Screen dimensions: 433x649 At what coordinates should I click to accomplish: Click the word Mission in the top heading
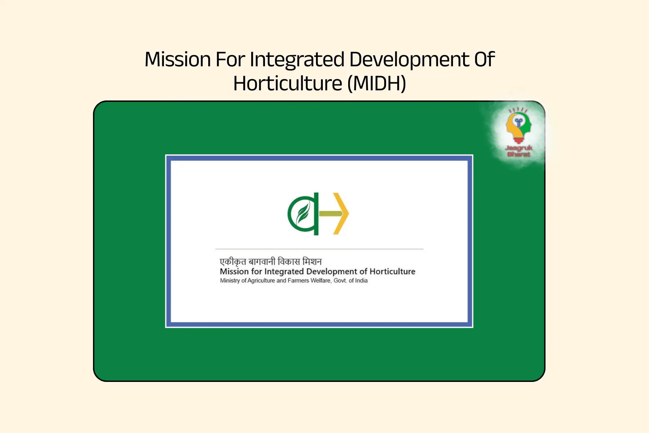177,60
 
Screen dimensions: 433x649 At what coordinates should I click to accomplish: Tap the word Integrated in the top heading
297,60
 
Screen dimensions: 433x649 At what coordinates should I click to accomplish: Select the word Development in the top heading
409,60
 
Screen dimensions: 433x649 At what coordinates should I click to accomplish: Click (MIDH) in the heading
377,84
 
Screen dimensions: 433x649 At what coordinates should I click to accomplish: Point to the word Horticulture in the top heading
288,84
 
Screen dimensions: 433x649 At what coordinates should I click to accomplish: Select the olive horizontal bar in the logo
331,213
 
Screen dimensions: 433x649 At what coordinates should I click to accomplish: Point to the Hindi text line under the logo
270,261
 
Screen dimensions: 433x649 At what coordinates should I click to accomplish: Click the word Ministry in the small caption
230,280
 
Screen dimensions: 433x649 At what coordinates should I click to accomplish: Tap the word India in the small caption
361,280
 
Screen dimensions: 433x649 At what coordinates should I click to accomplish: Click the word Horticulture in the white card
392,271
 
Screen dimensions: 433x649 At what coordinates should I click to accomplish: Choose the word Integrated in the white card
284,271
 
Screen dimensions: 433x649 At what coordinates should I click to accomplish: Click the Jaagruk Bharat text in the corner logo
519,151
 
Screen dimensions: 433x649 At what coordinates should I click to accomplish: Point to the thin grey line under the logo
319,249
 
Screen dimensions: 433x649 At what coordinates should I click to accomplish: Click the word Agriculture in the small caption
261,280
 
